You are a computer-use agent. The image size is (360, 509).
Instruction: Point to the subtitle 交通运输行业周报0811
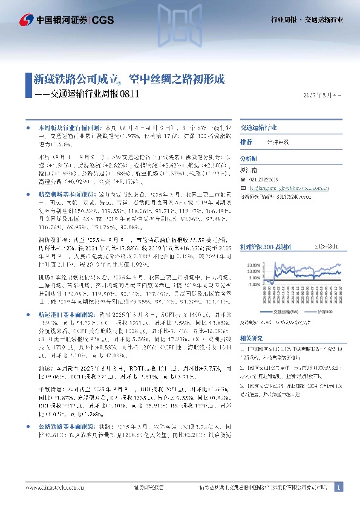(x=91, y=94)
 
